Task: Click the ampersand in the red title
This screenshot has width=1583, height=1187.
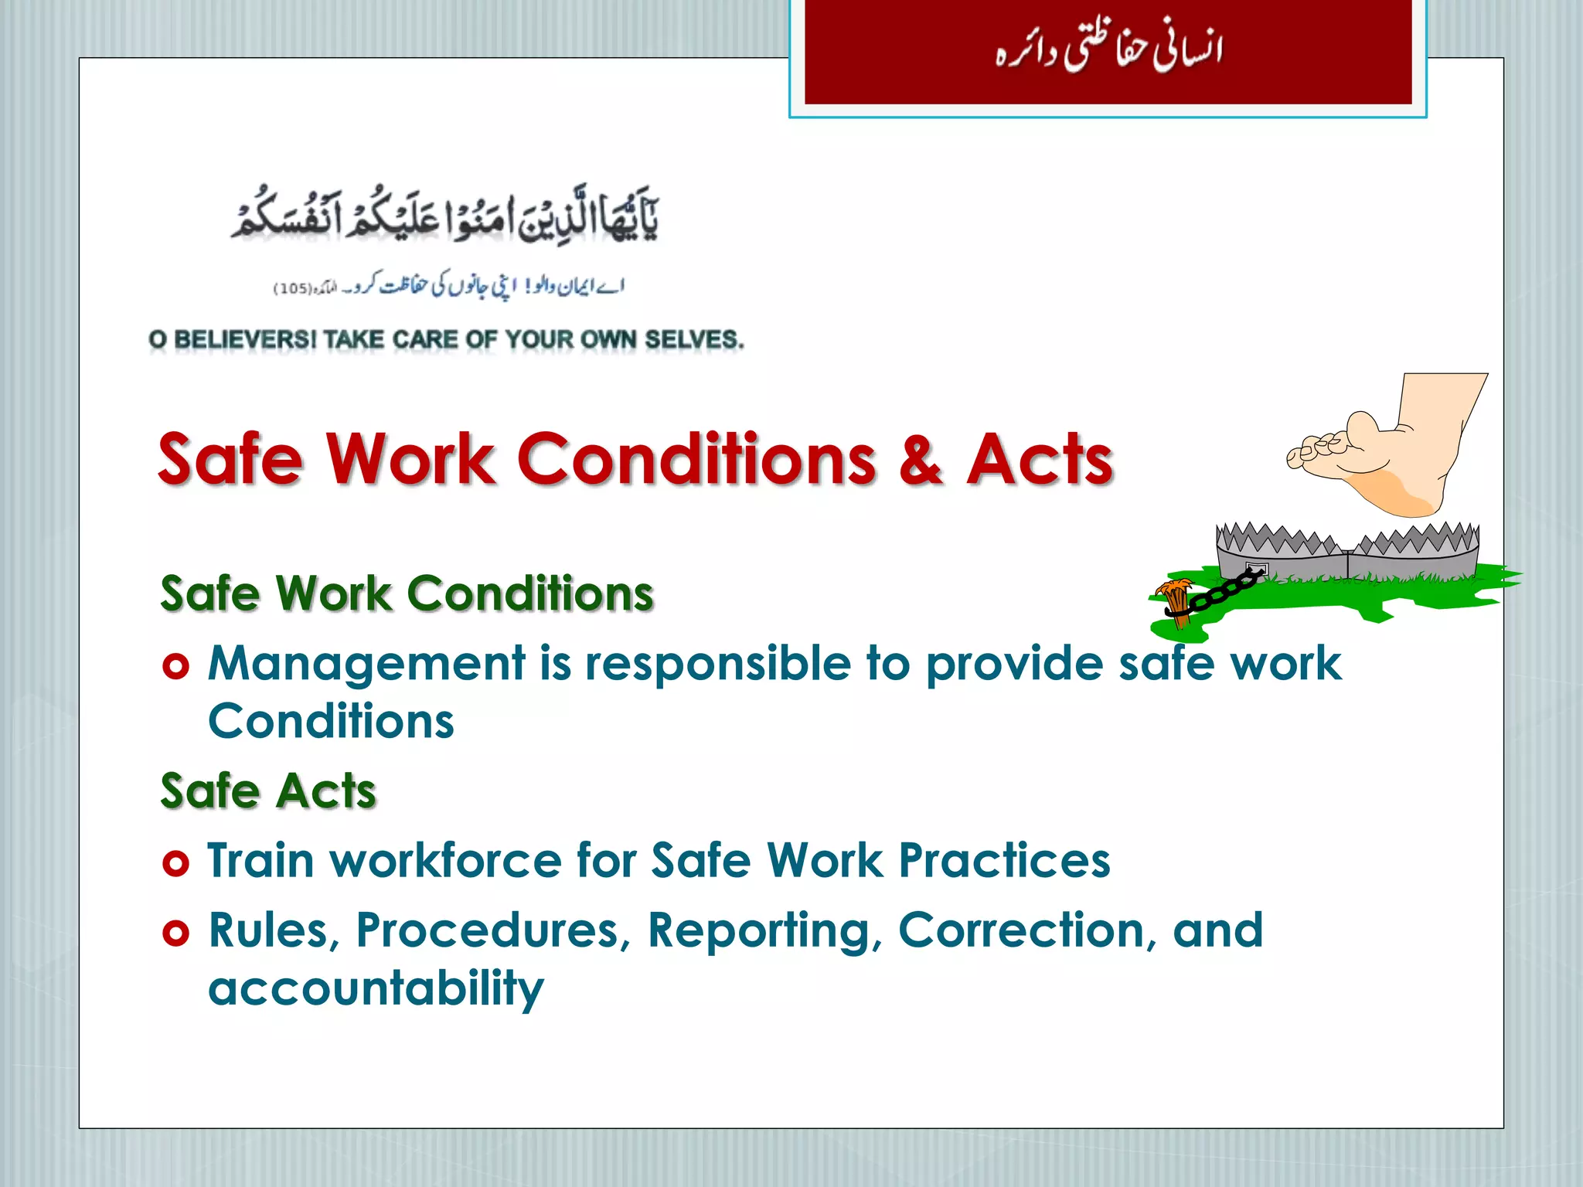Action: [x=921, y=460]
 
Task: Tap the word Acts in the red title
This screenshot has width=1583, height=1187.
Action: [x=1040, y=460]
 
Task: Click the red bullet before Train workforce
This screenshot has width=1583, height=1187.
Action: [x=176, y=862]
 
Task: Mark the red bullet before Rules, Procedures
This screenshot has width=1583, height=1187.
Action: [x=176, y=933]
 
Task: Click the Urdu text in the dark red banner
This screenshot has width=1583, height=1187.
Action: [x=1108, y=51]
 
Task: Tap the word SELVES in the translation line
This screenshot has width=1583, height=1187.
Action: [x=693, y=339]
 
